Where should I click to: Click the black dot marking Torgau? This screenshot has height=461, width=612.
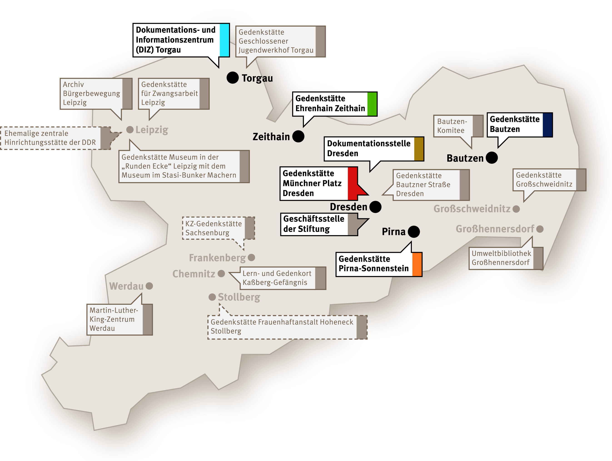[232, 77]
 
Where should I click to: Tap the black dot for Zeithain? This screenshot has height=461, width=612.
[298, 136]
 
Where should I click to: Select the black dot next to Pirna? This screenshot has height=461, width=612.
[414, 231]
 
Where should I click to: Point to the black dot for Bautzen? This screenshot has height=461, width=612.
[492, 158]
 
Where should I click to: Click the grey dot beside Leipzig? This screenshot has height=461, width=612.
[130, 129]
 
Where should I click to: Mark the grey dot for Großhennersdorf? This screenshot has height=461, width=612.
[540, 229]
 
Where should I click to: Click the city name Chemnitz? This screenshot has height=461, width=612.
[194, 274]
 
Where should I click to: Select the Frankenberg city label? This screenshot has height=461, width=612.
[217, 258]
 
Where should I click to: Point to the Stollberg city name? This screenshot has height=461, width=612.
[239, 297]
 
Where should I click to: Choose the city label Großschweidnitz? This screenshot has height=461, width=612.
[472, 209]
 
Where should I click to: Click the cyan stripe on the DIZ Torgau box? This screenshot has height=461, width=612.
[224, 40]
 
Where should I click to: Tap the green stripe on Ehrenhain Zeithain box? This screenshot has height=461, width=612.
[372, 104]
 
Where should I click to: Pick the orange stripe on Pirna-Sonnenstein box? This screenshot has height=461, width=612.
[417, 264]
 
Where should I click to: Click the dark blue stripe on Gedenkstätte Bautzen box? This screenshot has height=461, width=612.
[547, 125]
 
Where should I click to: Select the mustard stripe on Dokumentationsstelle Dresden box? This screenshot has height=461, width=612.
[419, 149]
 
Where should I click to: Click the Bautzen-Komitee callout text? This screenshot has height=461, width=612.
[452, 126]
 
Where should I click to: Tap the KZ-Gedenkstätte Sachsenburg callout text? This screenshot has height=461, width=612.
[213, 228]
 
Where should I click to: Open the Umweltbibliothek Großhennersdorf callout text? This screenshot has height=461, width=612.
[501, 258]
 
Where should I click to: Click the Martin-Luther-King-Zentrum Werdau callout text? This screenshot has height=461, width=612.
[113, 319]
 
